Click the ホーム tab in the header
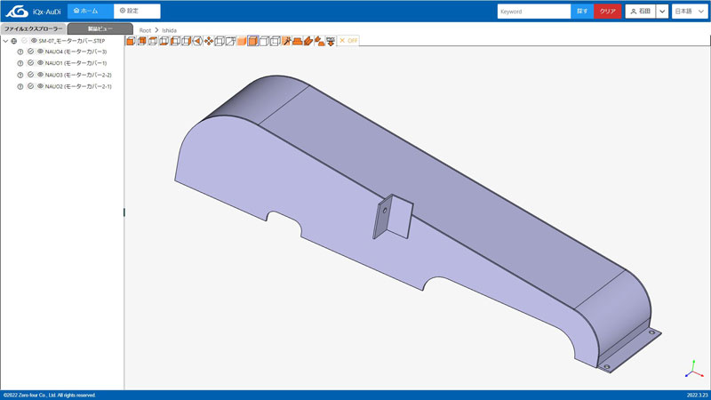pos(89,11)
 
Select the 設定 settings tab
pos(136,11)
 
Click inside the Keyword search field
pos(532,12)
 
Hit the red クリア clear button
pos(607,12)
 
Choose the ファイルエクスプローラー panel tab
pos(33,29)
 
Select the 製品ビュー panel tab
pos(100,29)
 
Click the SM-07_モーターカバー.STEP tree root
pos(72,41)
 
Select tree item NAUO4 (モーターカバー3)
pos(76,52)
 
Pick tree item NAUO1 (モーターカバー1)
pos(76,64)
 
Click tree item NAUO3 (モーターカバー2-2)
pos(78,76)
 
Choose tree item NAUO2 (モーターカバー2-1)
pos(78,87)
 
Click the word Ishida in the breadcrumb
pos(169,30)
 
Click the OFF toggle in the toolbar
pos(348,41)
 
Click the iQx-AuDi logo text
pos(45,12)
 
